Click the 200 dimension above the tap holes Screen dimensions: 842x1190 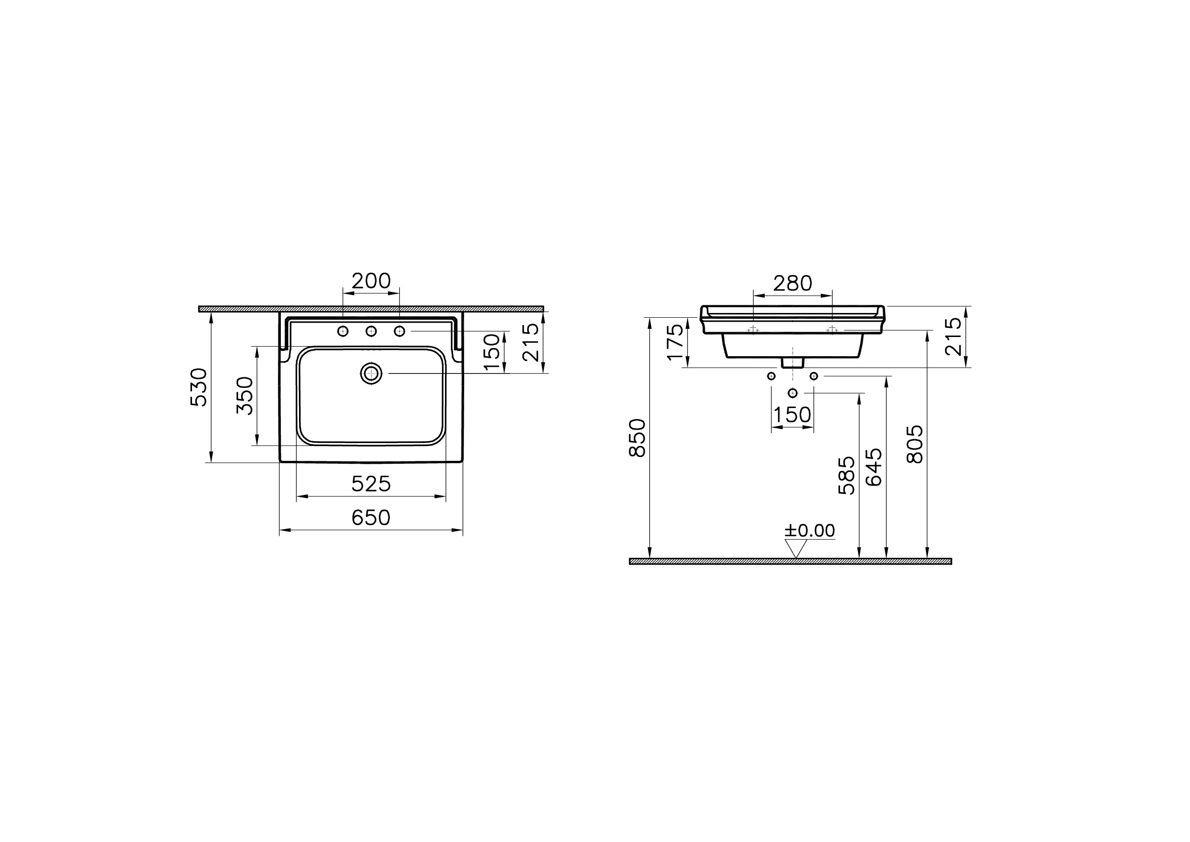(371, 281)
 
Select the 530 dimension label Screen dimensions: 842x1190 (199, 387)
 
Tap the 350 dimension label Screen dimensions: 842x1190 (245, 396)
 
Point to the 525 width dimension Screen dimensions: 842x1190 (371, 484)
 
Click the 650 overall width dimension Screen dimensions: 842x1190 (371, 517)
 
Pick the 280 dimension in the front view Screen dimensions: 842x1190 (793, 283)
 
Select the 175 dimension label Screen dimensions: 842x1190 (675, 342)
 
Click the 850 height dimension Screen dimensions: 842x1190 (637, 438)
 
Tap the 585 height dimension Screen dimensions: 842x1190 (847, 475)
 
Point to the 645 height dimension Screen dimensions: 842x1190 (874, 467)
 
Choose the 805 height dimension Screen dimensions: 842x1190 (915, 444)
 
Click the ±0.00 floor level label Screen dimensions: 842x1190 (809, 530)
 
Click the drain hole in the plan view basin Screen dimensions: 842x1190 (371, 373)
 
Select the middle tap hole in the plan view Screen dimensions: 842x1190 (371, 331)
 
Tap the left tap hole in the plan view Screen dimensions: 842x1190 (343, 331)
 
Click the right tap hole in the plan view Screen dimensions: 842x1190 (399, 331)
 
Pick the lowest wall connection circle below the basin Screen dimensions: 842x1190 (793, 393)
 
